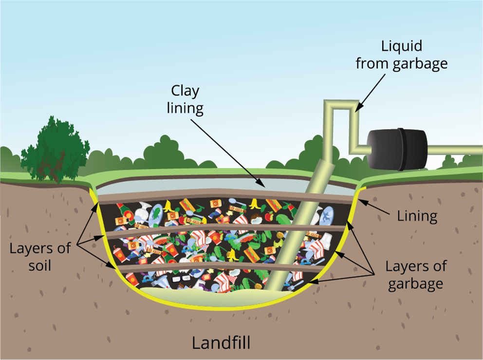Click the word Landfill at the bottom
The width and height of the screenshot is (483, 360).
coord(221,342)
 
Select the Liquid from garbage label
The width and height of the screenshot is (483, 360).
coord(401,55)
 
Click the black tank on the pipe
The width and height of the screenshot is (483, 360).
coord(397,148)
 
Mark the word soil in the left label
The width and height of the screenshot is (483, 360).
coord(40,266)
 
